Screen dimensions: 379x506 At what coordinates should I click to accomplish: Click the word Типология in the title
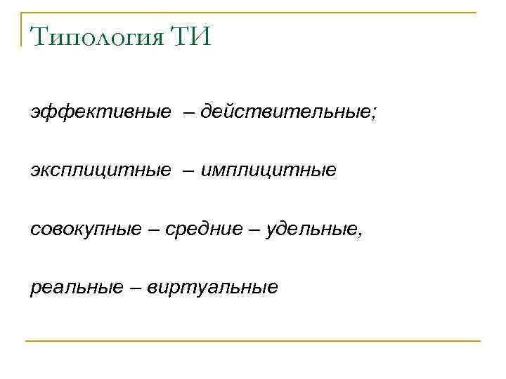pyautogui.click(x=95, y=34)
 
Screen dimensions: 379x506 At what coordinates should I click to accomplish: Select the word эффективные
pyautogui.click(x=100, y=112)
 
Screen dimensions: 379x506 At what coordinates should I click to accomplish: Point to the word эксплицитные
pyautogui.click(x=100, y=170)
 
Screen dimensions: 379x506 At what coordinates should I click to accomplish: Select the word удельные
pyautogui.click(x=312, y=229)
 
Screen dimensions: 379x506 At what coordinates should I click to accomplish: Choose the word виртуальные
pyautogui.click(x=213, y=287)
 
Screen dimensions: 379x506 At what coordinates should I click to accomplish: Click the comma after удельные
pyautogui.click(x=361, y=234)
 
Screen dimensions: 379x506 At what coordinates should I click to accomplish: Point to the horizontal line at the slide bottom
pyautogui.click(x=253, y=341)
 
